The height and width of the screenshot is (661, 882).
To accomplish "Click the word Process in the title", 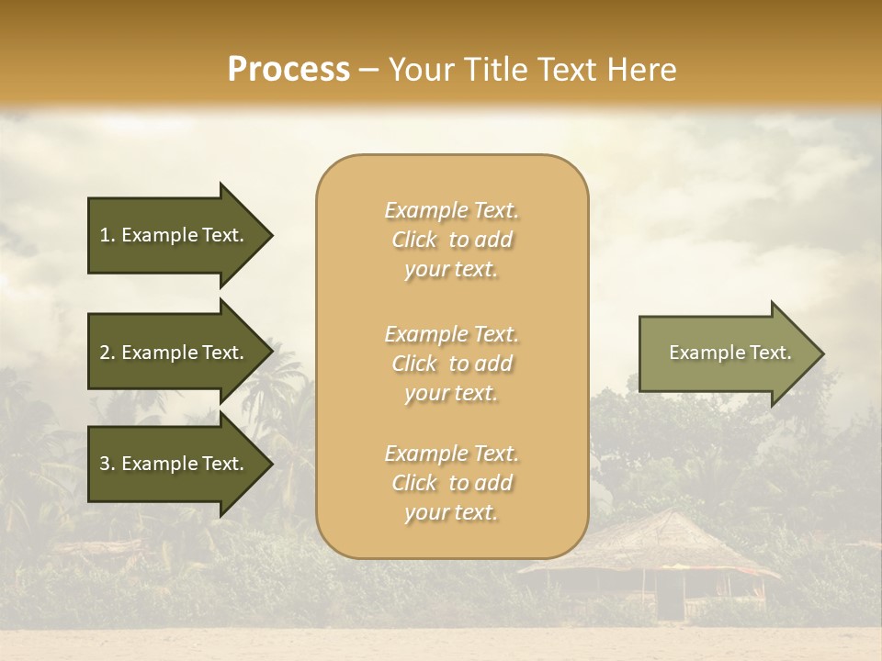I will click(288, 69).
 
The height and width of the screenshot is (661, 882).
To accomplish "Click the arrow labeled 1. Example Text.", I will click(175, 235).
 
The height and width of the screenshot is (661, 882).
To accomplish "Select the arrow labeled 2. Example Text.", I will click(175, 353).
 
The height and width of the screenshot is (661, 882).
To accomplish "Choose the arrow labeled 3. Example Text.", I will click(175, 464).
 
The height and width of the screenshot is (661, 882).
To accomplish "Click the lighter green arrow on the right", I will click(726, 353).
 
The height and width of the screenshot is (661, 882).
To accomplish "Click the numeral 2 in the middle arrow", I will click(105, 353).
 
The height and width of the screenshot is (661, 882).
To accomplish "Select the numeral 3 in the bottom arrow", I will click(105, 464).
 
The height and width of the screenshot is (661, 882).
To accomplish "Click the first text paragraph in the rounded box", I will click(451, 240).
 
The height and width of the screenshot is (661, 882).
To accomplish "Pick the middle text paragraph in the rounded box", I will click(451, 363).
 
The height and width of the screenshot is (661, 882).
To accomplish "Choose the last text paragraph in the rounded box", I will click(451, 483).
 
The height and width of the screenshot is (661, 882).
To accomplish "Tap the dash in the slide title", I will click(369, 70).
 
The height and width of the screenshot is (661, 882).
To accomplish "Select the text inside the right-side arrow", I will click(729, 353).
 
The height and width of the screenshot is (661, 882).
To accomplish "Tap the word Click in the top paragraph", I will click(414, 240).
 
